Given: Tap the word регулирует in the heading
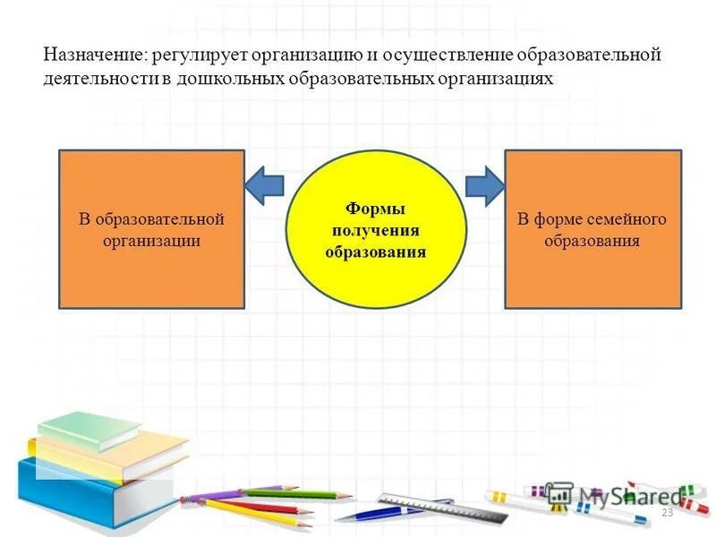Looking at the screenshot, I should pyautogui.click(x=199, y=55).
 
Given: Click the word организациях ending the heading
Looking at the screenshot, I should pyautogui.click(x=496, y=79).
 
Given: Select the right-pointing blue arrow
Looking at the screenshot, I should pyautogui.click(x=485, y=186).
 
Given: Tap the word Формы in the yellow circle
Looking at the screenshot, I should pyautogui.click(x=376, y=209).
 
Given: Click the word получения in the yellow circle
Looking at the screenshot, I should pyautogui.click(x=376, y=230).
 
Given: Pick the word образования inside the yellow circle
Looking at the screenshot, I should pyautogui.click(x=376, y=251).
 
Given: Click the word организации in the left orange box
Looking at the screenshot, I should pyautogui.click(x=151, y=241).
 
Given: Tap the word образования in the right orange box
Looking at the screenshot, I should pyautogui.click(x=592, y=241).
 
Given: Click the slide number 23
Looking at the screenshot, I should pyautogui.click(x=666, y=513).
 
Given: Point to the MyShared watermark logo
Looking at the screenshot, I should pyautogui.click(x=618, y=495).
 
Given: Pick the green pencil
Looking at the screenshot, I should pyautogui.click(x=295, y=492).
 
